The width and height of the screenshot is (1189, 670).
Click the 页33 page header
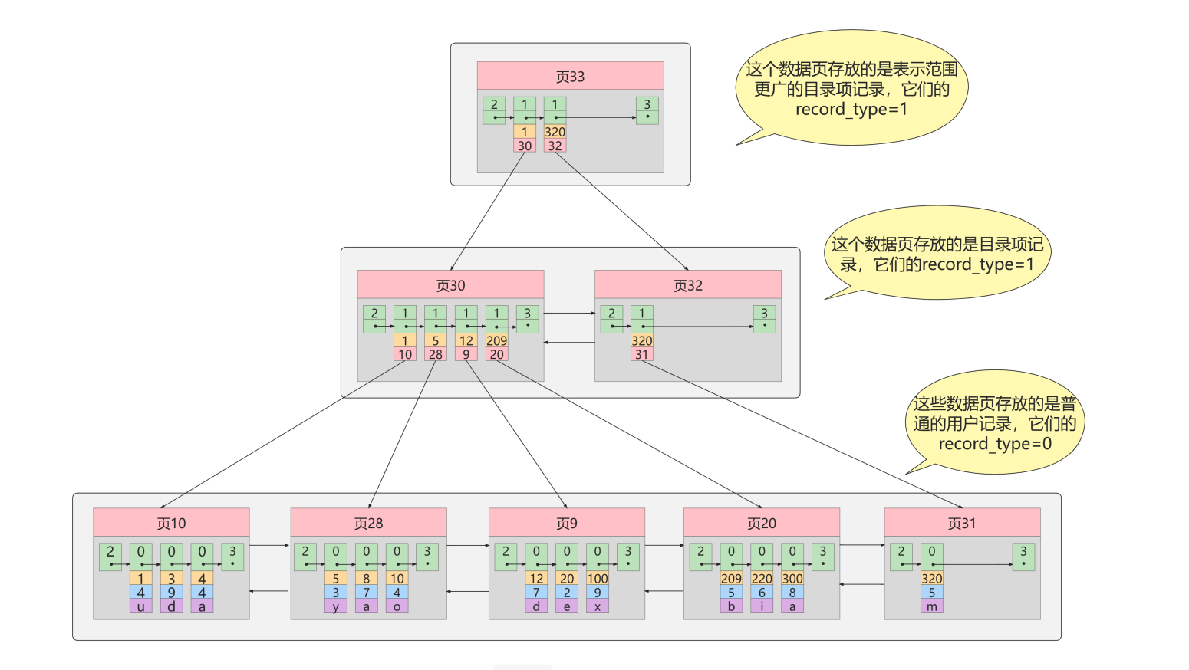[570, 77]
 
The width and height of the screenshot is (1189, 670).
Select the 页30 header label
[450, 285]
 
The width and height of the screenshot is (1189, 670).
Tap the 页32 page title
[687, 285]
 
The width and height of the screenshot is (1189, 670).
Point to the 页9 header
[566, 523]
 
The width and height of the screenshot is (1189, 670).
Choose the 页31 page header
[961, 523]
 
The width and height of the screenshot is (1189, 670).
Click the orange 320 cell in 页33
[555, 132]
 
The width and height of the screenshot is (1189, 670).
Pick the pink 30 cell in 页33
[525, 146]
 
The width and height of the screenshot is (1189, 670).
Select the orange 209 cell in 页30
[496, 340]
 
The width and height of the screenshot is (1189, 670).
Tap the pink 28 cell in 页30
[436, 354]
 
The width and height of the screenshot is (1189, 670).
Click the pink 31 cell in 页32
[641, 354]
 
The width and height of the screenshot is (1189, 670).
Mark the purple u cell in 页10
[140, 606]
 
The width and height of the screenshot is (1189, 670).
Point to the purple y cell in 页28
[335, 606]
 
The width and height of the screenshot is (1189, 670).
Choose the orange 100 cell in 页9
[597, 579]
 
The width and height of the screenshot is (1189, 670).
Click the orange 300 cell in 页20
[792, 579]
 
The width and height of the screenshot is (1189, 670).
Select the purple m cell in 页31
[931, 606]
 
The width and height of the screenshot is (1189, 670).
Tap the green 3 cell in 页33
[647, 105]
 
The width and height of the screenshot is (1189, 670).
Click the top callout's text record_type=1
[851, 110]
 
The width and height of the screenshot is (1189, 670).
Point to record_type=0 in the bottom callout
[994, 444]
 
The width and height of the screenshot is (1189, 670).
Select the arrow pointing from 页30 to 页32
[569, 313]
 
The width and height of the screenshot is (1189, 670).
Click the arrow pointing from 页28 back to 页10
[269, 591]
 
